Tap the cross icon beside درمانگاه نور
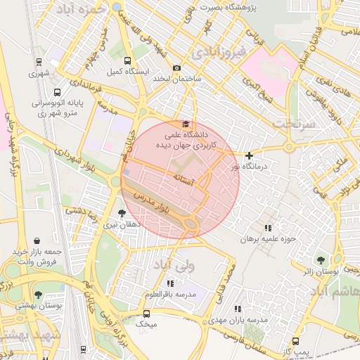coord(249,155)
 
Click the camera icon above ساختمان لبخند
coord(176,67)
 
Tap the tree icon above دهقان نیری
coord(122,213)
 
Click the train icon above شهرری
coord(38,62)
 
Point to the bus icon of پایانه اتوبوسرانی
coord(57,91)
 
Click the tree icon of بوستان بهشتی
coord(38,295)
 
